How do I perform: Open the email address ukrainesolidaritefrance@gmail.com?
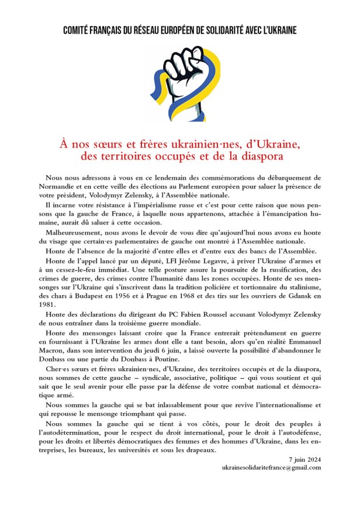tap(272, 469)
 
